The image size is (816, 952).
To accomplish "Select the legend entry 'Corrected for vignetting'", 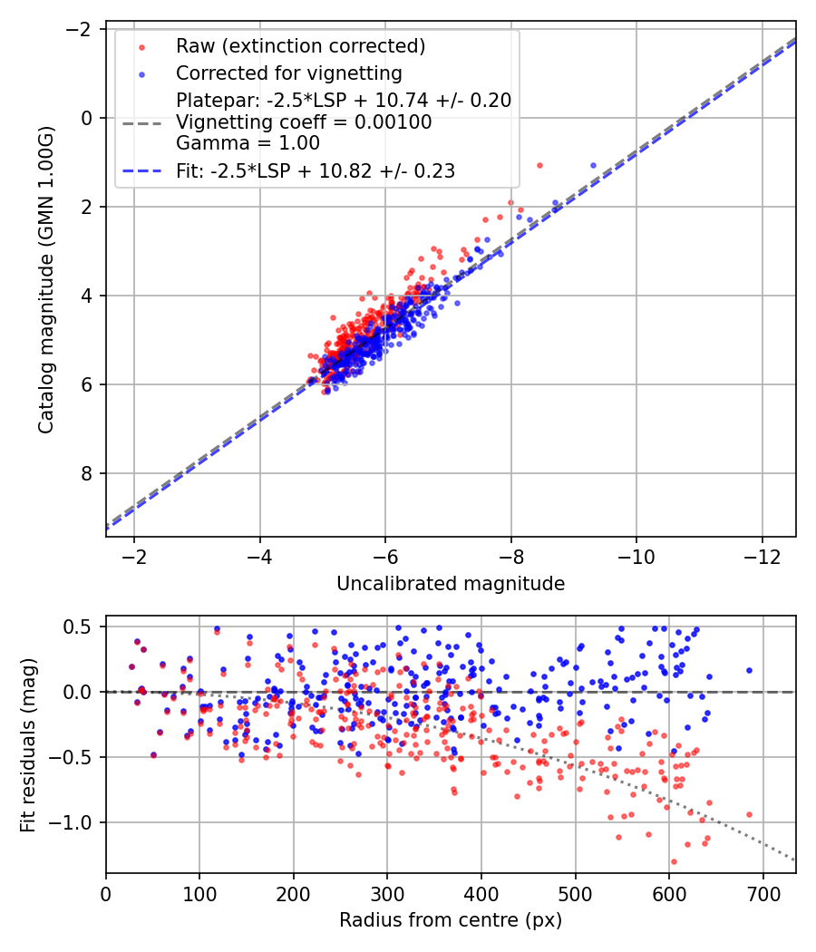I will (288, 73).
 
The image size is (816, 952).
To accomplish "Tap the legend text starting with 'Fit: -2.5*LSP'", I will (316, 170).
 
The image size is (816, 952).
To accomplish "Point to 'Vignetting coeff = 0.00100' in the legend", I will (304, 121).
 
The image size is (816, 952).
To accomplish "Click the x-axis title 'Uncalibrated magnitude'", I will (451, 584).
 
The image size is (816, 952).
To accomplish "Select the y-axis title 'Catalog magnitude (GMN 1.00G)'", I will (46, 279).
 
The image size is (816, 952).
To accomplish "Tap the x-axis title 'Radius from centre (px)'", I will (451, 920).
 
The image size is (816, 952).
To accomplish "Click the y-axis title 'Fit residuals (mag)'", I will (28, 744).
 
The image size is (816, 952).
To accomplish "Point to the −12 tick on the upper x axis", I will (761, 553).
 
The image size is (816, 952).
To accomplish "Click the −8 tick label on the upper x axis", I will (510, 553).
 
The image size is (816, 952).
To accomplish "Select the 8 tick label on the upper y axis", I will (88, 473).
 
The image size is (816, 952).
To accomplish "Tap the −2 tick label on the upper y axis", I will (81, 29).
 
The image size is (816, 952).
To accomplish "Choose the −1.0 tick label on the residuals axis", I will (76, 822).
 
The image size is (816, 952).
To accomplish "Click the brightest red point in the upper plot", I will (539, 165).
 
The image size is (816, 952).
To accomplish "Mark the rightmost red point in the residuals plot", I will (749, 814).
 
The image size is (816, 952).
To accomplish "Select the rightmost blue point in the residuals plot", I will (749, 670).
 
